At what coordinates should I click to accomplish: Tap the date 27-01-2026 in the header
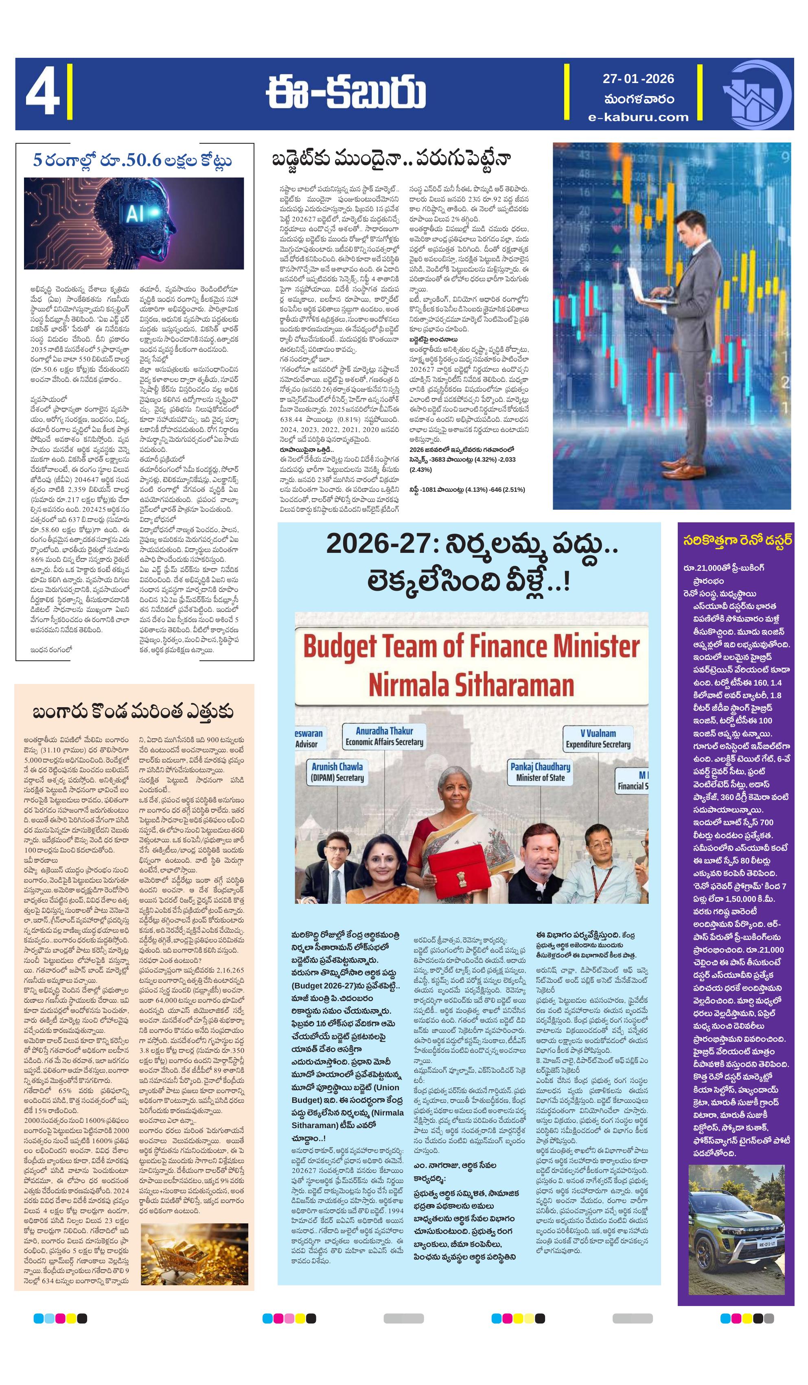click(x=637, y=79)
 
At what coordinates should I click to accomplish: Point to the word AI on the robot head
click(x=135, y=213)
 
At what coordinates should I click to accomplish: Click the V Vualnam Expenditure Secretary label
click(x=598, y=738)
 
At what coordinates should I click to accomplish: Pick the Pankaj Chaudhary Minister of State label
click(x=540, y=771)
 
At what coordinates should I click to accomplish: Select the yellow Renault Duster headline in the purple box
click(x=736, y=541)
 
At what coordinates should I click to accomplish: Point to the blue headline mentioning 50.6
click(x=132, y=160)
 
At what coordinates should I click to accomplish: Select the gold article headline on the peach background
click(x=133, y=712)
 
